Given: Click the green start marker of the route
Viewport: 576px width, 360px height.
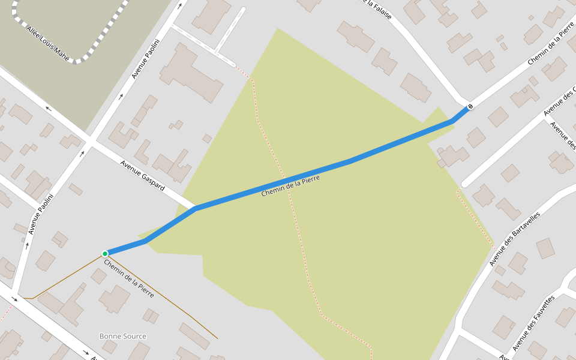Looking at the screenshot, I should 105,253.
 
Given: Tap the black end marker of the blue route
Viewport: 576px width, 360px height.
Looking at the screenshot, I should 470,107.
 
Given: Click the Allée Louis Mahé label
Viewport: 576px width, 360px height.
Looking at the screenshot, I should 49,44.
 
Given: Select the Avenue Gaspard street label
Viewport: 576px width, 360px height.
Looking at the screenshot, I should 142,175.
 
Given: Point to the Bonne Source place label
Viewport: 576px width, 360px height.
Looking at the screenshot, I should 122,336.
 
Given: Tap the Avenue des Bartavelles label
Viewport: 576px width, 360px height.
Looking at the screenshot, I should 514,239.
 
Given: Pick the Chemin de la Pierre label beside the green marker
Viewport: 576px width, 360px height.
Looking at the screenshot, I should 128,278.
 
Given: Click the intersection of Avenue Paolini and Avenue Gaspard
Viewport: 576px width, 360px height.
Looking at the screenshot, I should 91,142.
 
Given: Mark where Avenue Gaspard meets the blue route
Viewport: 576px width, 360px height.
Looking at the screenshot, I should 195,208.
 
